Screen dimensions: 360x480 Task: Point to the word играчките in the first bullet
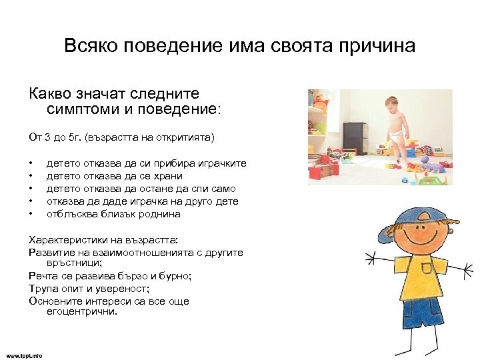pyautogui.click(x=223, y=163)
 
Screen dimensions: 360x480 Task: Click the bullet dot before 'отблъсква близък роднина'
pyautogui.click(x=31, y=215)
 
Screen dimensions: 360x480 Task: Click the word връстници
pyautogui.click(x=74, y=263)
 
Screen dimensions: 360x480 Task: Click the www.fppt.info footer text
pyautogui.click(x=25, y=355)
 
